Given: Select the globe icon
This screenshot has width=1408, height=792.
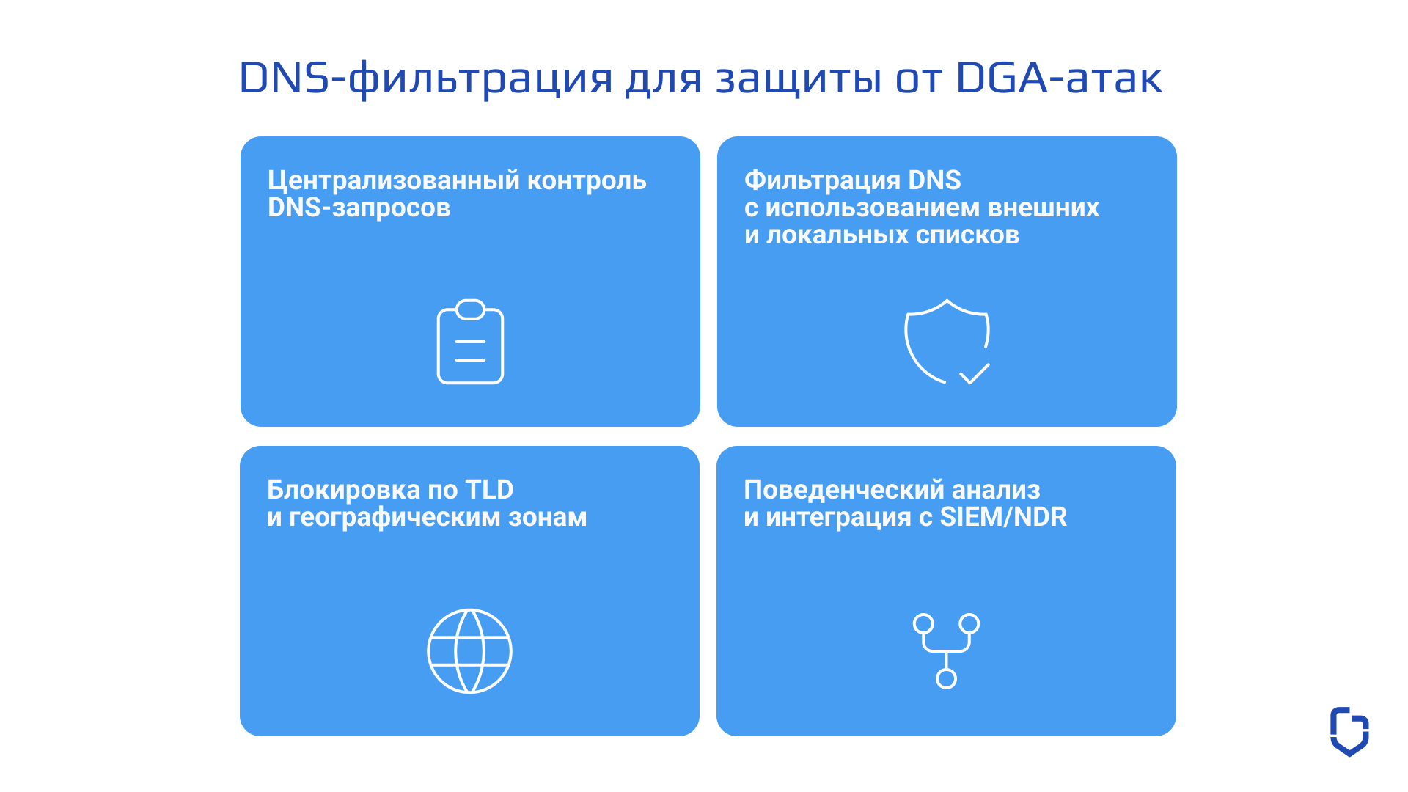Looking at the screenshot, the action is pos(469,651).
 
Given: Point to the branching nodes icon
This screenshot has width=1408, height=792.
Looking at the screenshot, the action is pos(946,650).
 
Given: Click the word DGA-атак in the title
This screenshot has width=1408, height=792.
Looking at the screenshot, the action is pos(1060,78).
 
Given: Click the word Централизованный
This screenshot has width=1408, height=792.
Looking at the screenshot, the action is pos(394,180).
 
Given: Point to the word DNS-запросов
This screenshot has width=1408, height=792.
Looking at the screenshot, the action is pos(359,208).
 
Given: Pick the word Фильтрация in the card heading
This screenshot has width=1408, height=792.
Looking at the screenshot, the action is pos(822,180).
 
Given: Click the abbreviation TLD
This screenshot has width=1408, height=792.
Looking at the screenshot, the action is pos(489,489).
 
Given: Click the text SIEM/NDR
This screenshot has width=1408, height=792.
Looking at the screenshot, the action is pos(1003,517).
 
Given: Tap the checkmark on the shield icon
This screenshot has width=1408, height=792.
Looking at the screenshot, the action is pos(975,374).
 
